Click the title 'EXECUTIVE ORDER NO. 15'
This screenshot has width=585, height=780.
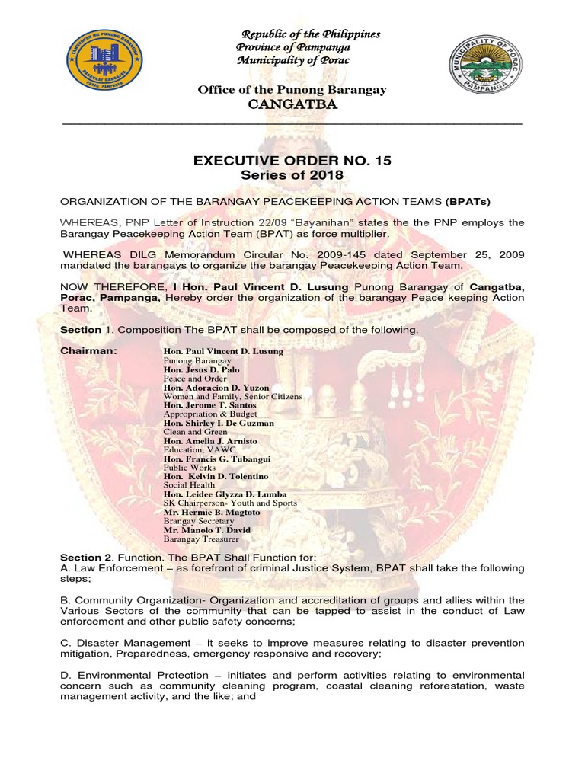pyautogui.click(x=292, y=160)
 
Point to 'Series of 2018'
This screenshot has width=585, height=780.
pyautogui.click(x=292, y=175)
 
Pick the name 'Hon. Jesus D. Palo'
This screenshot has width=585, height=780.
pyautogui.click(x=201, y=369)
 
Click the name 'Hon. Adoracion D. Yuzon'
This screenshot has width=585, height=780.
pyautogui.click(x=216, y=388)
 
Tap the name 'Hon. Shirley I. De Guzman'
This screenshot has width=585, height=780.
pyautogui.click(x=219, y=423)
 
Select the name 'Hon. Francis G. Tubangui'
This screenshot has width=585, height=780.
pyautogui.click(x=217, y=459)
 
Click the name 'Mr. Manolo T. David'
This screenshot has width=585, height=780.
pyautogui.click(x=207, y=529)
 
